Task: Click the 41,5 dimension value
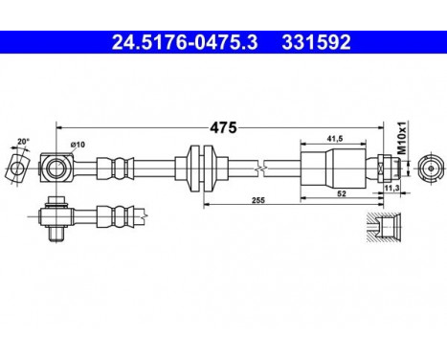(335, 138)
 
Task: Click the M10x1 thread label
(402, 136)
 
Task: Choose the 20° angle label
(24, 142)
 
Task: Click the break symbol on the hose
(262, 169)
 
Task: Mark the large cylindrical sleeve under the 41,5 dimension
(333, 169)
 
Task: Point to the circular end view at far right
(429, 169)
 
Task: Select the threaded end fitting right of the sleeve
(382, 169)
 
